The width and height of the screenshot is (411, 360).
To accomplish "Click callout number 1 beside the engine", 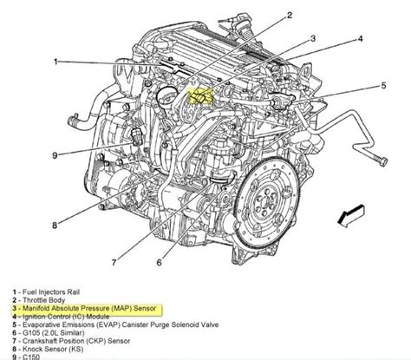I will (x=54, y=62).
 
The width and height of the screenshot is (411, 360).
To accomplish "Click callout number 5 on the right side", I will (x=383, y=85).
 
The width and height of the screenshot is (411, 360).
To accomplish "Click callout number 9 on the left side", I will (x=54, y=156).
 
